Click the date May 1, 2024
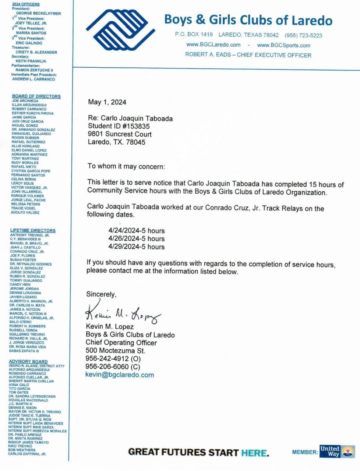click(x=107, y=102)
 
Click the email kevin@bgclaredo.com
click(x=120, y=375)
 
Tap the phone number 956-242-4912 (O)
click(x=113, y=359)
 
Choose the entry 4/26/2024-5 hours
click(x=136, y=239)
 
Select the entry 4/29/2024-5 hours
click(x=136, y=247)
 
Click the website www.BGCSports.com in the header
click(x=283, y=45)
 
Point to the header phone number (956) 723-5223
click(x=303, y=35)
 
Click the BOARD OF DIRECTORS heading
click(x=36, y=96)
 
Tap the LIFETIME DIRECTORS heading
click(x=33, y=230)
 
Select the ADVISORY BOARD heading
click(x=28, y=361)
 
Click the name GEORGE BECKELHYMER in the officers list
click(x=38, y=13)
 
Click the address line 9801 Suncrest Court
click(x=120, y=134)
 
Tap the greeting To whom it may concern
click(x=126, y=166)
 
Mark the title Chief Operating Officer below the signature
click(x=121, y=343)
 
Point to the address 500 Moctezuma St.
click(x=115, y=351)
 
